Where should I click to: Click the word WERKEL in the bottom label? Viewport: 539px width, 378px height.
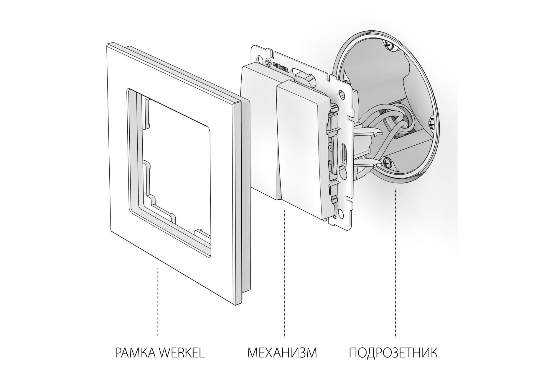point(182,353)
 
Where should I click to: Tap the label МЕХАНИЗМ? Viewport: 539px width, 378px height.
point(282,353)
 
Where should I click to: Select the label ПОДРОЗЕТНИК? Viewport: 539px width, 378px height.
point(393,353)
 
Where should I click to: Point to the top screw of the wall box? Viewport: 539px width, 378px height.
point(388,45)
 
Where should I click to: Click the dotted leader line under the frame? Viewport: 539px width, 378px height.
point(158,302)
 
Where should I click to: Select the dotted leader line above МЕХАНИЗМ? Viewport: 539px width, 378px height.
point(284,273)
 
